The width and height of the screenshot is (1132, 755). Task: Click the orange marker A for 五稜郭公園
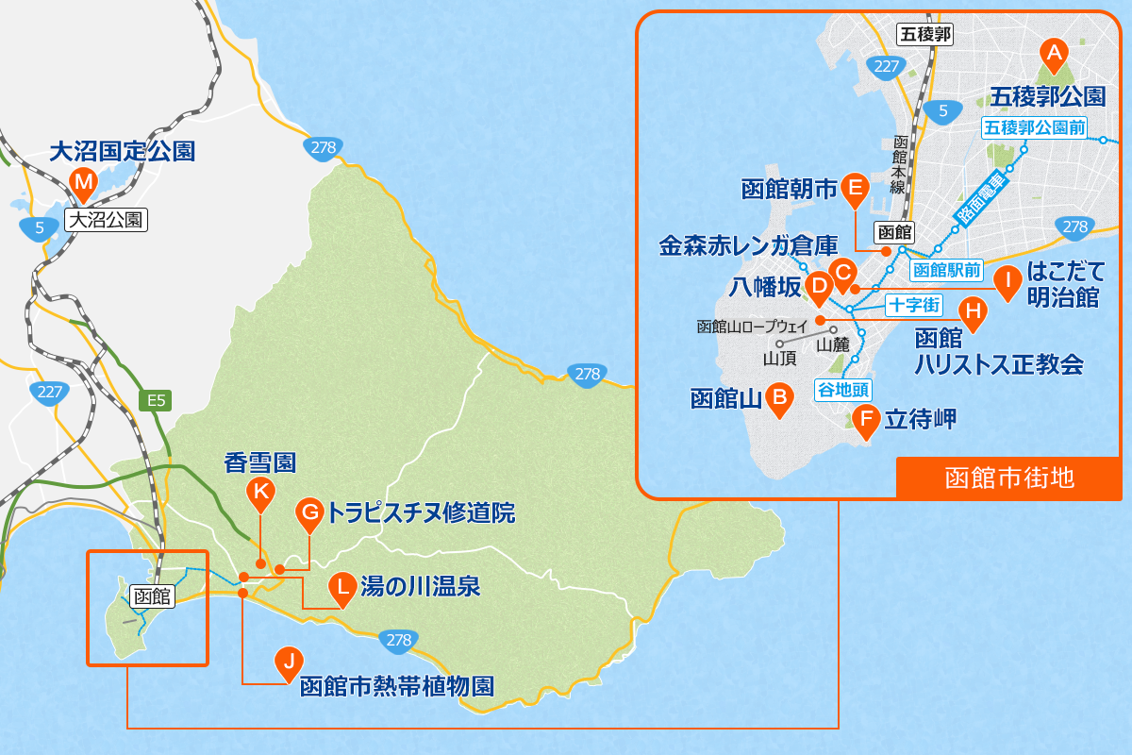(1053, 51)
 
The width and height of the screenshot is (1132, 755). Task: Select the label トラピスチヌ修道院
(421, 513)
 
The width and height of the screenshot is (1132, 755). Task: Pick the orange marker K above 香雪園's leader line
(259, 492)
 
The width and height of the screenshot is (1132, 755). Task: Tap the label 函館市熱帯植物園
(396, 686)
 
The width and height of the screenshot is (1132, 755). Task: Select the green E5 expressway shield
(157, 400)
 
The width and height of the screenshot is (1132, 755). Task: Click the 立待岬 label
(921, 419)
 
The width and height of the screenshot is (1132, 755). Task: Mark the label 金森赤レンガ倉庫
(748, 247)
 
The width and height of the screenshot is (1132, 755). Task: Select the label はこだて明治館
(1063, 286)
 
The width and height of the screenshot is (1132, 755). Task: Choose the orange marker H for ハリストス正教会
(973, 310)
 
